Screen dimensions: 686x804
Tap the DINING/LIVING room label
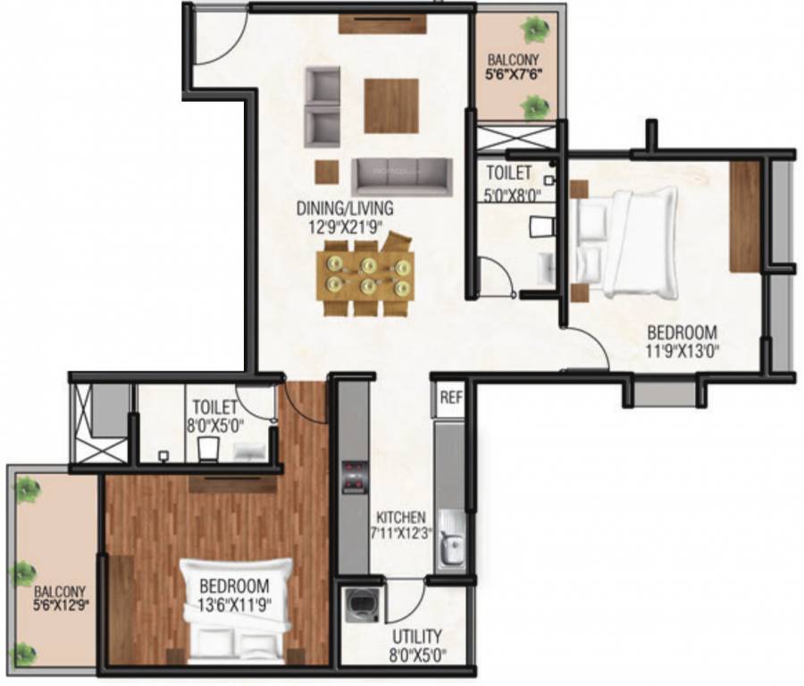(x=345, y=208)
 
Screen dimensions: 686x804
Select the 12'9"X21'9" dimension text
(x=345, y=226)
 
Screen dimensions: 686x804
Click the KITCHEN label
(x=399, y=516)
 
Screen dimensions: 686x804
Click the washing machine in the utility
(x=364, y=607)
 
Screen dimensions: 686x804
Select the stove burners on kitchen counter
(x=355, y=475)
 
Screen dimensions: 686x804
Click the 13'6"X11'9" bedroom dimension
(x=235, y=603)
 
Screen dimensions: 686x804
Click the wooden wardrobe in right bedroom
(x=745, y=216)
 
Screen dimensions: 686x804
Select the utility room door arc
(x=407, y=598)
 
